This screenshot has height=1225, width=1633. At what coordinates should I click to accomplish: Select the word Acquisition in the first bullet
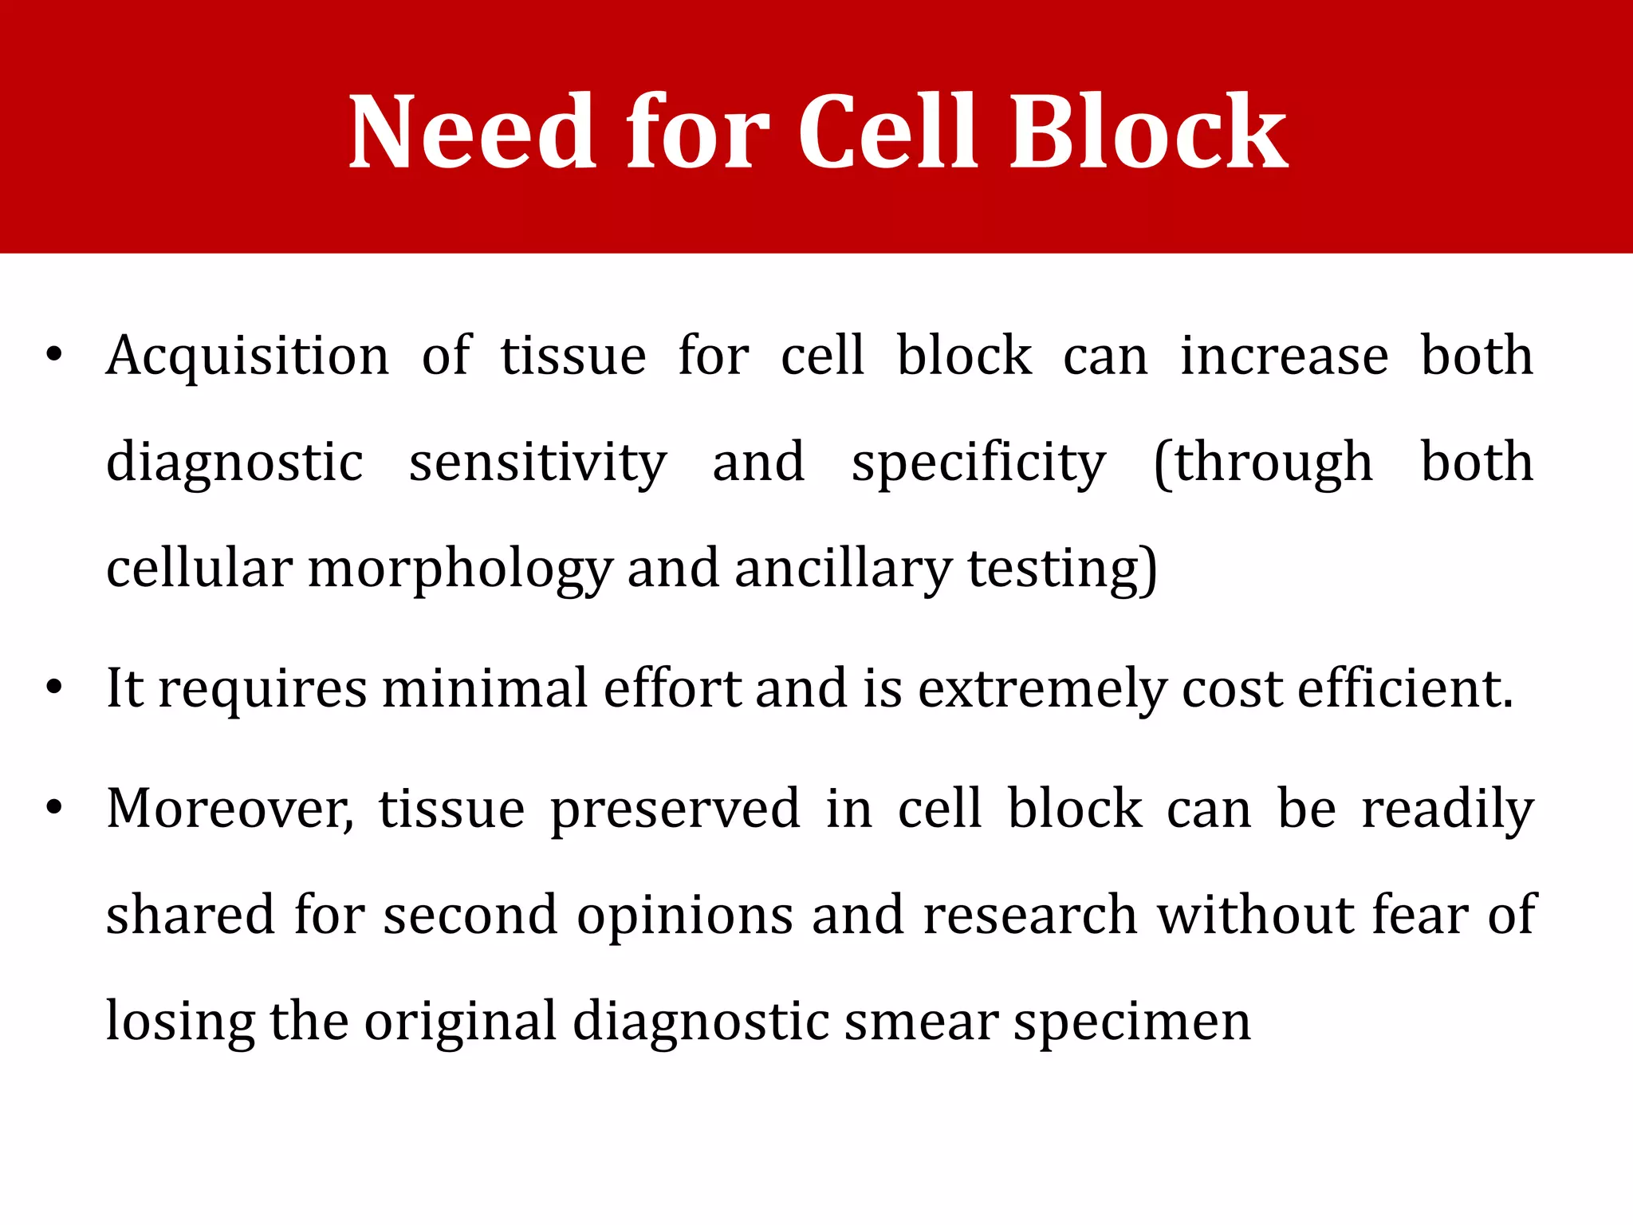248,356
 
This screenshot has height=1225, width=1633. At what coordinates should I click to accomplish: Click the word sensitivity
537,463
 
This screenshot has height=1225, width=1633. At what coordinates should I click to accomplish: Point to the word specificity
978,463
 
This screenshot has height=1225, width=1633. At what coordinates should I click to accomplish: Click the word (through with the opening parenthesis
1263,463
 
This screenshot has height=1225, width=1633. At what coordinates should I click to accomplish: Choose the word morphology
460,569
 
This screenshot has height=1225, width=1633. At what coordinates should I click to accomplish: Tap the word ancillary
843,569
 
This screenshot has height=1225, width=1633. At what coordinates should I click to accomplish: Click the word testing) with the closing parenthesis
1062,569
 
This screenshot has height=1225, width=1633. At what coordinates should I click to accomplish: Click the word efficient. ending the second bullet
1405,688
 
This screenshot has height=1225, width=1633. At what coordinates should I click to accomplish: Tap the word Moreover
230,809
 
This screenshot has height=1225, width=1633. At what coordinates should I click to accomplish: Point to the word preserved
675,809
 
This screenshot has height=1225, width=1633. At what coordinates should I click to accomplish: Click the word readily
1447,809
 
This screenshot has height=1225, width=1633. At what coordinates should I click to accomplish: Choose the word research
1029,915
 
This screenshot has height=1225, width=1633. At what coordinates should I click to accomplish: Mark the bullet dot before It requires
53,688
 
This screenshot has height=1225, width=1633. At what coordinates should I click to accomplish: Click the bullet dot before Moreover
53,809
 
